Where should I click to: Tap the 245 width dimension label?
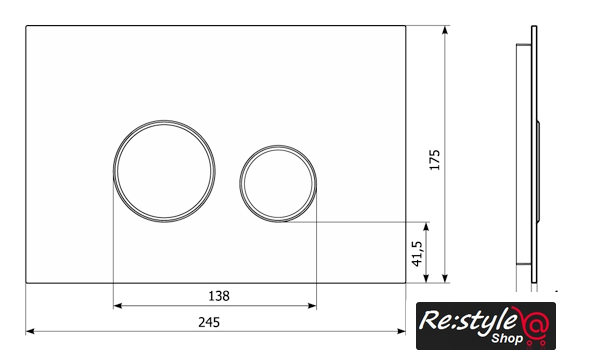tap(209, 322)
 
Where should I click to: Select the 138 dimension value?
tap(219, 296)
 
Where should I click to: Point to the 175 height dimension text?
tap(435, 160)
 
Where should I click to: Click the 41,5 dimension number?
tap(418, 254)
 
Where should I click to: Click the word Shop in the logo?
tap(507, 338)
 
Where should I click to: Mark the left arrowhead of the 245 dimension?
tap(30, 332)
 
